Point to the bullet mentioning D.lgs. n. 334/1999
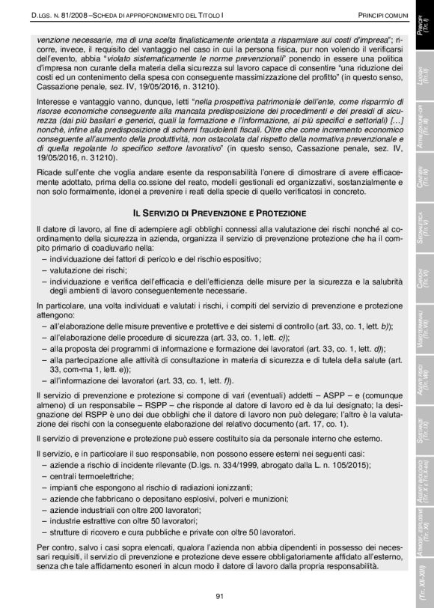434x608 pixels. coord(180,464)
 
